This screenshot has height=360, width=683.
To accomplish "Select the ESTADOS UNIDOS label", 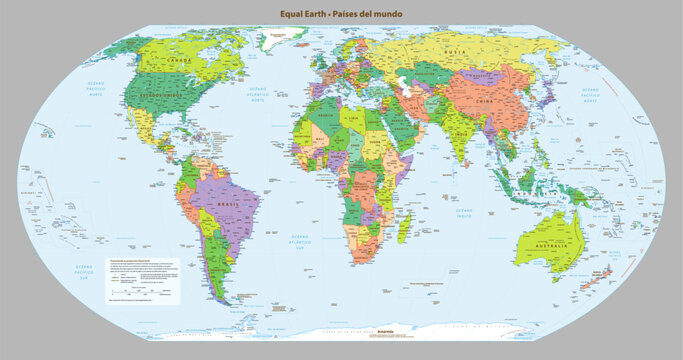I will pos(166,96).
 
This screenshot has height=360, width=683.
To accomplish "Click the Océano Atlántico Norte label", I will pos(263,92).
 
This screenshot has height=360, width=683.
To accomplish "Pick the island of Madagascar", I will pos(403,228).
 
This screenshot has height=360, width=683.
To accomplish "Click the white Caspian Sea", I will pos(403,87).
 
